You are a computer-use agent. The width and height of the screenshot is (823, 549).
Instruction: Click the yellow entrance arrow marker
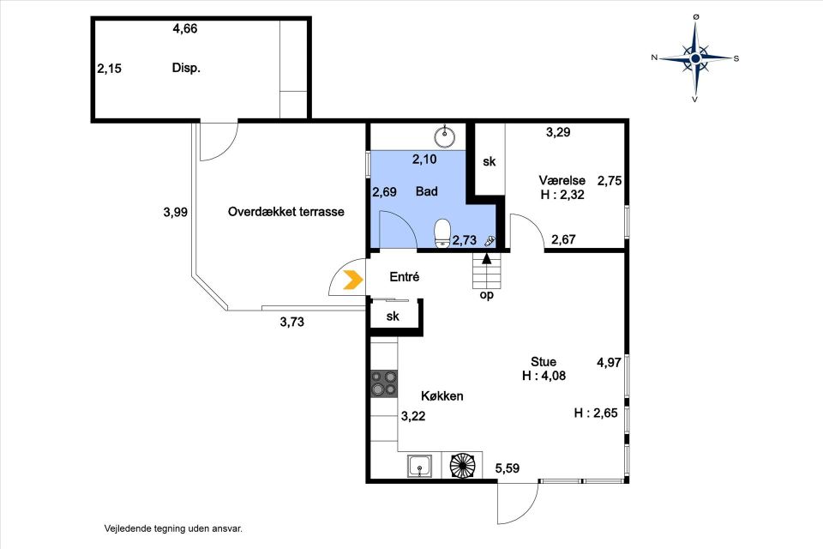353,280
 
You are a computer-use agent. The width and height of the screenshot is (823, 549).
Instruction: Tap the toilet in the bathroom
442,232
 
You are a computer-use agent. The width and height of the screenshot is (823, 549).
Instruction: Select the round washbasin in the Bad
445,136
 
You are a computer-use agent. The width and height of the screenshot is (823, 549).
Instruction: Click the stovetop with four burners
384,383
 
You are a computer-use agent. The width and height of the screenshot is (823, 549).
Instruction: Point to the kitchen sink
420,466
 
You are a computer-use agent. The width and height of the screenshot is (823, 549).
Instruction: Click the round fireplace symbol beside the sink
462,466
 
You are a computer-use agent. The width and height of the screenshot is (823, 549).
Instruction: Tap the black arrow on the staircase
487,258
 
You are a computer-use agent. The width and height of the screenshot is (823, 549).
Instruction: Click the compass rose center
695,57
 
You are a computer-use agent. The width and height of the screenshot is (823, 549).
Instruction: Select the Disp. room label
186,69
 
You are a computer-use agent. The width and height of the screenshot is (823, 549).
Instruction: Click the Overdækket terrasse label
286,212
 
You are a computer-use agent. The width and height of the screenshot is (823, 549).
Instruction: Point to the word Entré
404,277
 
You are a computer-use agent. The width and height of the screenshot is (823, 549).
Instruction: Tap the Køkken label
442,396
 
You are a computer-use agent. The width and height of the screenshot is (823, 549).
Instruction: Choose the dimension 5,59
508,468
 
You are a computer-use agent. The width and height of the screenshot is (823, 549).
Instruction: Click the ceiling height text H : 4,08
544,376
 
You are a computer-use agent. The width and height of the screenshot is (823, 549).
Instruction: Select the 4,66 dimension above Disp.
185,28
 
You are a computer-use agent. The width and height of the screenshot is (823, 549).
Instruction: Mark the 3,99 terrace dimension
175,212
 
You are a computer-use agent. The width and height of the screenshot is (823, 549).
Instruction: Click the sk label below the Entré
393,317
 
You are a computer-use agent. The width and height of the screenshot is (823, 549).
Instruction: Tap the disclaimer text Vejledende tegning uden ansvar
173,529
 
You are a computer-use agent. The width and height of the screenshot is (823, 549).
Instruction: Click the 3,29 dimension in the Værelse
558,132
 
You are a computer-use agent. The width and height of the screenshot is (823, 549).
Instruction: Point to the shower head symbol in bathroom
490,241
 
